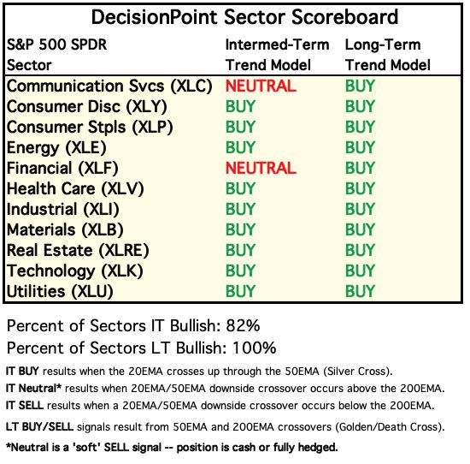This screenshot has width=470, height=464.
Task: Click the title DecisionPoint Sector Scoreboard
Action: click(244, 17)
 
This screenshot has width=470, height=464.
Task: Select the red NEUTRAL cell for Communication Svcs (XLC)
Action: click(261, 86)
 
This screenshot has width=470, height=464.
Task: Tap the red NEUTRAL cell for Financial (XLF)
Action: click(261, 168)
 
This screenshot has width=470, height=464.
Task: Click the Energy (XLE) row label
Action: click(56, 148)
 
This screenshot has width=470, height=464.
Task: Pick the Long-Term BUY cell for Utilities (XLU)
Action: click(360, 291)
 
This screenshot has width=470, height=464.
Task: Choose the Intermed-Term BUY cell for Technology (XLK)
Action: click(240, 271)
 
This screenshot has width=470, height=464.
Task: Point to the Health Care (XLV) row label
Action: click(75, 189)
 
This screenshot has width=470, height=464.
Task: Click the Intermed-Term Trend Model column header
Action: click(277, 55)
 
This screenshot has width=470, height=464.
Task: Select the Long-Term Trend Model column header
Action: click(388, 55)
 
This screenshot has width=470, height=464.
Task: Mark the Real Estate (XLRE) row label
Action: click(78, 251)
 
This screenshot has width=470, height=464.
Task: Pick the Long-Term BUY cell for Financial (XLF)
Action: click(360, 168)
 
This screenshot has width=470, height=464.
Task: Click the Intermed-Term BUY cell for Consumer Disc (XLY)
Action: click(240, 107)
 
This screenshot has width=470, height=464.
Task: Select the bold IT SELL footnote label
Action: click(25, 406)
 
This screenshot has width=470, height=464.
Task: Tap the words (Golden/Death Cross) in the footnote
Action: click(390, 427)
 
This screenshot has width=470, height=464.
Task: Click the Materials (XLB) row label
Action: click(65, 230)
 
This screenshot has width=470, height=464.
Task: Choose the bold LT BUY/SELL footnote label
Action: click(39, 426)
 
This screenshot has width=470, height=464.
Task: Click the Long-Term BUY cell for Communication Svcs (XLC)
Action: click(360, 86)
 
